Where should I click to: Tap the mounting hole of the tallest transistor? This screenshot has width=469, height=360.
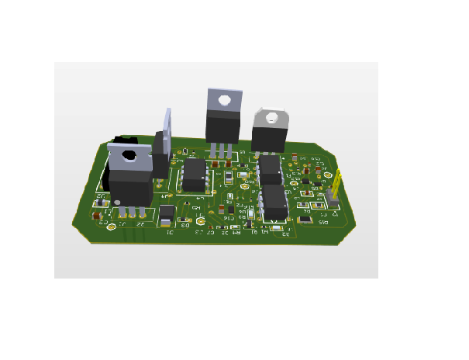point(224,100)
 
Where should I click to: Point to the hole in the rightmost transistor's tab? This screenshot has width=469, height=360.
point(271,119)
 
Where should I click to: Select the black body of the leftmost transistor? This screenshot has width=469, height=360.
point(129,186)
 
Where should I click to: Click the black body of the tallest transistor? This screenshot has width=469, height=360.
point(223,127)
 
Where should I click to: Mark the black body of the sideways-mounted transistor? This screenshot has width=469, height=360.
point(160,154)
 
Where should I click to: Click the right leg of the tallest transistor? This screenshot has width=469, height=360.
point(229,151)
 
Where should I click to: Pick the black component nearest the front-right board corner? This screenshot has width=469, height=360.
point(306,220)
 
